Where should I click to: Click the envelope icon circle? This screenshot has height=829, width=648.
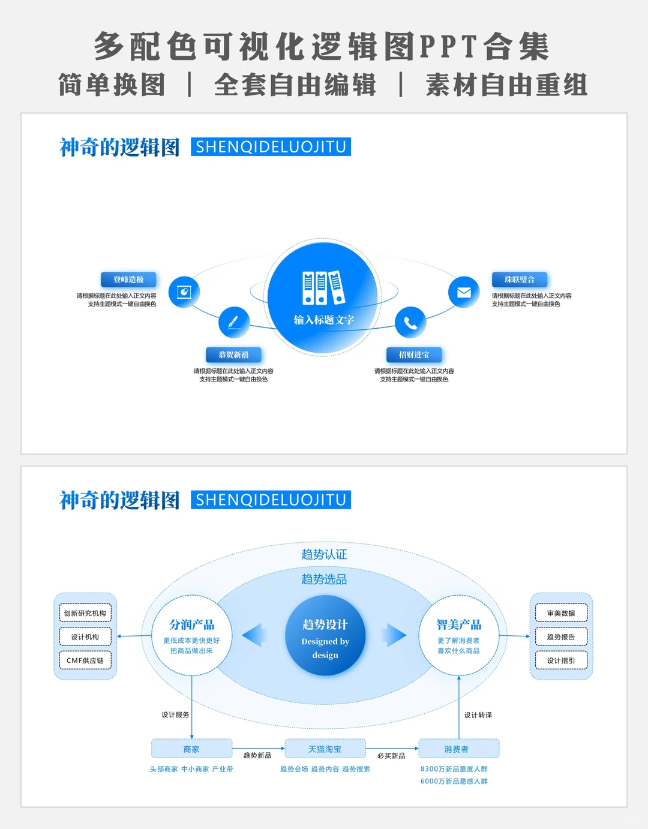point(464,292)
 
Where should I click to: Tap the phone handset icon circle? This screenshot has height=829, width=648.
point(410,322)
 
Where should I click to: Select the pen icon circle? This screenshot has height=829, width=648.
point(234,322)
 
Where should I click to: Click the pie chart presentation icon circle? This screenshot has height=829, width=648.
point(184,292)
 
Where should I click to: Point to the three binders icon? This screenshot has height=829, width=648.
point(323,288)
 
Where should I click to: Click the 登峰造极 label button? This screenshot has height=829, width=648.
point(128,280)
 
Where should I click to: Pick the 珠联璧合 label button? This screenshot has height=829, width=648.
point(520,280)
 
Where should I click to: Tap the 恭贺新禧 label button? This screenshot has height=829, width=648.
point(233,355)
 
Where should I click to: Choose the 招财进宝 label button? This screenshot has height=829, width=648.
point(414,355)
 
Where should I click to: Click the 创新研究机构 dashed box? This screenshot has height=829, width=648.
point(85,613)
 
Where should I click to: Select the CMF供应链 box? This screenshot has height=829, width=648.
point(85,660)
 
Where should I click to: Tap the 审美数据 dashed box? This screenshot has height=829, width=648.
point(561,613)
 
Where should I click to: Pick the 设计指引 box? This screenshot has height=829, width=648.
point(561,660)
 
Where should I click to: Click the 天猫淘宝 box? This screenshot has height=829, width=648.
point(325,749)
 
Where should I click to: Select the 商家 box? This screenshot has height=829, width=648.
point(192,749)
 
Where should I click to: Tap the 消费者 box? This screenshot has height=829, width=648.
point(459,749)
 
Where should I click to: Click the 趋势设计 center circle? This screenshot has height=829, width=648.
point(325,635)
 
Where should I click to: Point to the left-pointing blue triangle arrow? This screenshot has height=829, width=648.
point(254,635)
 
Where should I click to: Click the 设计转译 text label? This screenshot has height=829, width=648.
point(478,715)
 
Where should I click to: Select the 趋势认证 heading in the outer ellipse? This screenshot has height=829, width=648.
point(324,554)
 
